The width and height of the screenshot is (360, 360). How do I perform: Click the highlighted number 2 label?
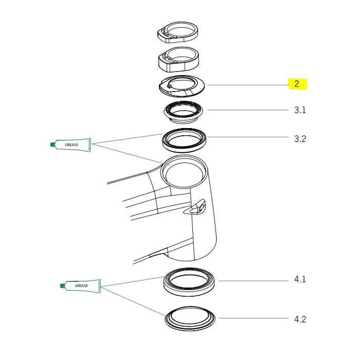pyautogui.click(x=297, y=84)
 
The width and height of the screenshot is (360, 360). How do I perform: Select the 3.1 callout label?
pyautogui.click(x=300, y=111)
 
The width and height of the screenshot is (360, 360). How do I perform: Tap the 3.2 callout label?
pyautogui.click(x=300, y=138)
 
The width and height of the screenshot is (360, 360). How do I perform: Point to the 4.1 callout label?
pyautogui.click(x=300, y=280)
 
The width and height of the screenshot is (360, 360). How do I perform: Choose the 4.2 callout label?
pyautogui.click(x=300, y=319)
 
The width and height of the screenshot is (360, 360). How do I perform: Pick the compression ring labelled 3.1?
pyautogui.click(x=184, y=112)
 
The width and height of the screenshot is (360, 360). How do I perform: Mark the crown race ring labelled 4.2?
pyautogui.click(x=191, y=319)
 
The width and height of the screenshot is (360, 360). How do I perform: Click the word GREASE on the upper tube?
pyautogui.click(x=71, y=146)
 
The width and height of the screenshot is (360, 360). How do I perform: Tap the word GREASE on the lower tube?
pyautogui.click(x=81, y=285)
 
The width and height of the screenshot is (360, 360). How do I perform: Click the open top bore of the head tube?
pyautogui.click(x=183, y=172)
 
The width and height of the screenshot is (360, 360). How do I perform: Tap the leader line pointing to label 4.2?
pyautogui.click(x=252, y=319)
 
